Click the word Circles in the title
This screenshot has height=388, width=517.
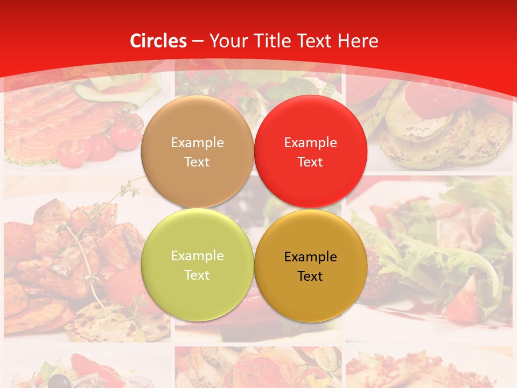[158, 41]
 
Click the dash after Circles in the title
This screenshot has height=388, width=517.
[197, 41]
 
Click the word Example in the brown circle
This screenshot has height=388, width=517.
[197, 143]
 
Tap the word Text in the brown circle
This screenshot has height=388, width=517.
[197, 162]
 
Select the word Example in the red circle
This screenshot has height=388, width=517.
[310, 143]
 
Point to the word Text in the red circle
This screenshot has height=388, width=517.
[310, 162]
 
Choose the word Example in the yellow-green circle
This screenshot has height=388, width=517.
[197, 256]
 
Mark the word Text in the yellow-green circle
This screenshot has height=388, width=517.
[197, 275]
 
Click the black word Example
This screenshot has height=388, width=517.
[310, 257]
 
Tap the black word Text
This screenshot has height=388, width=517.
[310, 276]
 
